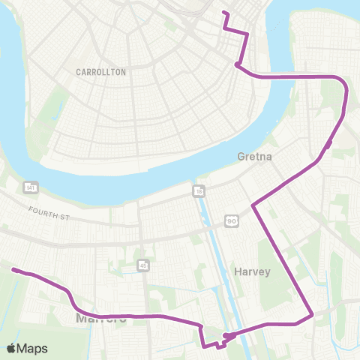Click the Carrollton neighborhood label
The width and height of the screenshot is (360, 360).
point(101,72)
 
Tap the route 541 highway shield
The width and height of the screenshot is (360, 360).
point(31,186)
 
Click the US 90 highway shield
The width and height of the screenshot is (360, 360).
point(231,221)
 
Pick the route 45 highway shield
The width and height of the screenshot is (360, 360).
point(142,264)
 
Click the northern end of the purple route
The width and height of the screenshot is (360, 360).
point(223,13)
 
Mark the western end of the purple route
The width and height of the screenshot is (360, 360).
point(13,270)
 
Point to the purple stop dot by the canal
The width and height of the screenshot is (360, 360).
point(226,335)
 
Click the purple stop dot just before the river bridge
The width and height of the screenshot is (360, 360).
point(237,65)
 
